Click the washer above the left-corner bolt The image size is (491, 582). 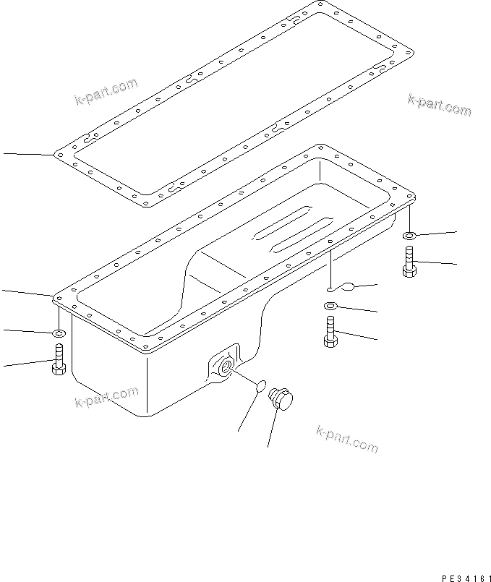coord(59,333)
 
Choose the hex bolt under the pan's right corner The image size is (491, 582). coord(409,262)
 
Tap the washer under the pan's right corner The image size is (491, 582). coord(409,235)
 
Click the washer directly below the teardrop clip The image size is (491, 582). coord(331,307)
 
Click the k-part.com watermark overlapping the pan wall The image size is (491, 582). coord(106,396)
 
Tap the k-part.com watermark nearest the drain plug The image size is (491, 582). coord(346,439)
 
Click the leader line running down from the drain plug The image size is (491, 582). coord(272,429)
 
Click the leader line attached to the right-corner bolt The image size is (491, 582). coord(437,264)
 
